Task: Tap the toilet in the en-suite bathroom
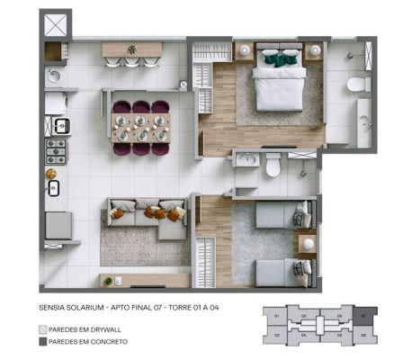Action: pyautogui.click(x=358, y=84)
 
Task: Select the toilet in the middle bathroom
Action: pyautogui.click(x=271, y=166)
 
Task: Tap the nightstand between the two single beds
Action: pyautogui.click(x=307, y=243)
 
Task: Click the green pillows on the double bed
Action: pyautogui.click(x=280, y=59)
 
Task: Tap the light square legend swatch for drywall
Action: pyautogui.click(x=44, y=328)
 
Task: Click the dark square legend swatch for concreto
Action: pyautogui.click(x=44, y=342)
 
